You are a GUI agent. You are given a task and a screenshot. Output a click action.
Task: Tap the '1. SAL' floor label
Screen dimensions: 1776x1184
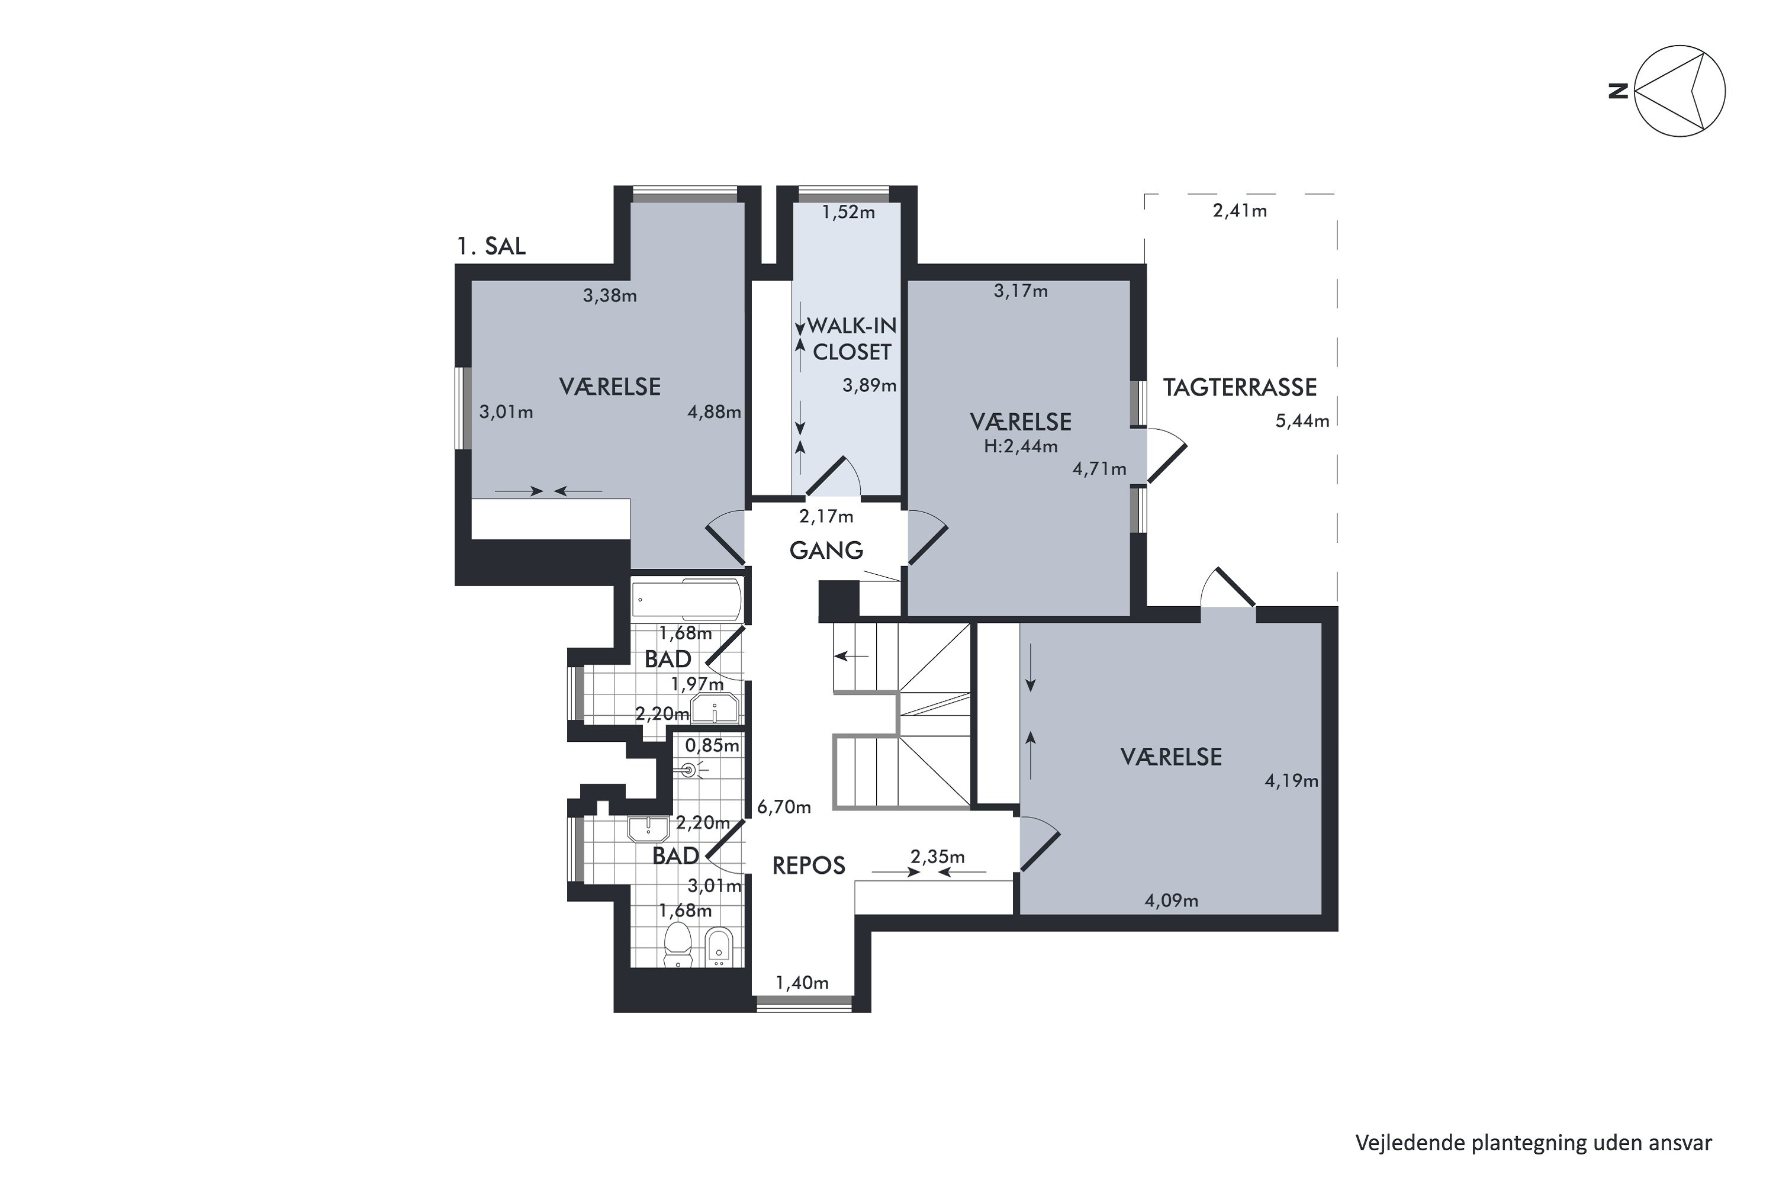[491, 246]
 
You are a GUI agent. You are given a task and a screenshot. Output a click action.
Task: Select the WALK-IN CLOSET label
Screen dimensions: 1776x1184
[852, 339]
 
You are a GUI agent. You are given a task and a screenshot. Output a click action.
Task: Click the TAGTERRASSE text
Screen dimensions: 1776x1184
[1239, 387]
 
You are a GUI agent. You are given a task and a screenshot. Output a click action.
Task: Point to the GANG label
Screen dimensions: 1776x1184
[826, 551]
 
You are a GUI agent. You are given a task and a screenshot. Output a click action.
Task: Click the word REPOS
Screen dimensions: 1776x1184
[808, 866]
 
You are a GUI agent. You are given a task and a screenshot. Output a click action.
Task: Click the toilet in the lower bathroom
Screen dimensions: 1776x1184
[678, 945]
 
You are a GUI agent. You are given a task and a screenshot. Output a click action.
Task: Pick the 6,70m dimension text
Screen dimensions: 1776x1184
[784, 807]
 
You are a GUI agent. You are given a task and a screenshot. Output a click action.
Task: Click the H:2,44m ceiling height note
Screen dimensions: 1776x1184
[1020, 446]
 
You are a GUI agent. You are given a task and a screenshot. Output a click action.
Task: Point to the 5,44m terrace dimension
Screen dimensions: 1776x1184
[1302, 422]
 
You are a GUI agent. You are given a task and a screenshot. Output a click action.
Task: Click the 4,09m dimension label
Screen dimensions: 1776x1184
[1171, 901]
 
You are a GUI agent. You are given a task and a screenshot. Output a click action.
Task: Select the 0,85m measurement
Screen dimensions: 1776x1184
[712, 746]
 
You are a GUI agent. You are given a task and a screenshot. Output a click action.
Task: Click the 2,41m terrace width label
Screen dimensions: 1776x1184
[1239, 211]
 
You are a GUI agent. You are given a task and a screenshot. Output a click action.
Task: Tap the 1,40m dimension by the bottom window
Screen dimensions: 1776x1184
[802, 983]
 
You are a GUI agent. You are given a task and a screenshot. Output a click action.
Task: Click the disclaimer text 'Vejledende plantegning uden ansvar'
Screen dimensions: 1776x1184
[1534, 1143]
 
